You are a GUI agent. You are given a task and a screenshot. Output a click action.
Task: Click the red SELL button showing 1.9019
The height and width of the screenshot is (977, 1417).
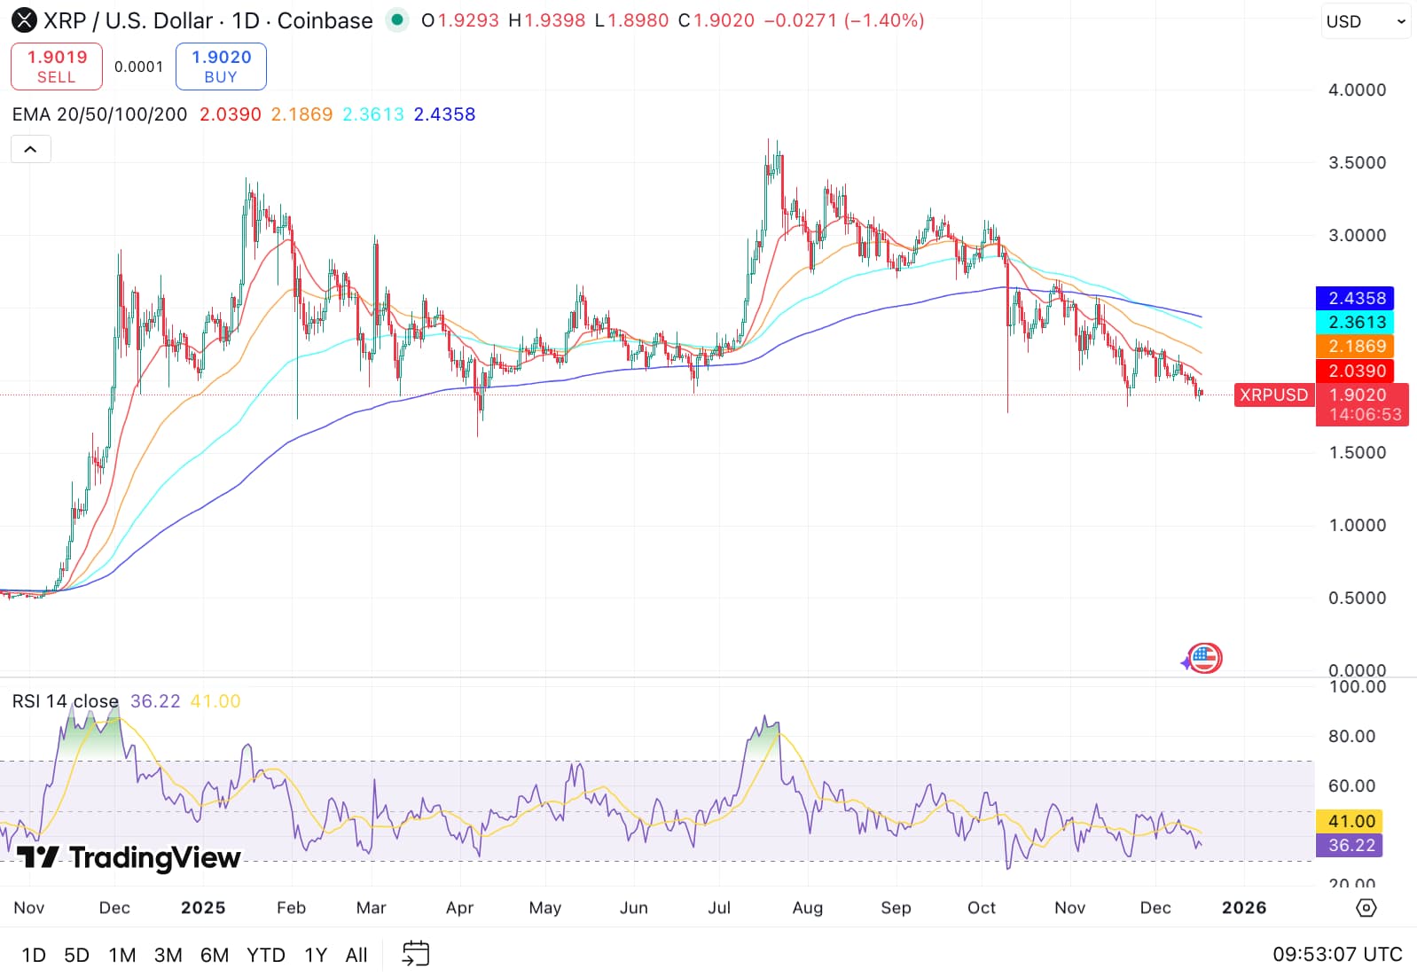pos(57,66)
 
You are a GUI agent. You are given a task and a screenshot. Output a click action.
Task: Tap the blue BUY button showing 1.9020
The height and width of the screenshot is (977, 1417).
pos(221,66)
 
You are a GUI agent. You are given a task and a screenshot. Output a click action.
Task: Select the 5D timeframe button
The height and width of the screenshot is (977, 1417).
pos(77,955)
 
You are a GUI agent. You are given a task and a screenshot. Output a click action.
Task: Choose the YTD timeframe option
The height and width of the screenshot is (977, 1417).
pos(265,955)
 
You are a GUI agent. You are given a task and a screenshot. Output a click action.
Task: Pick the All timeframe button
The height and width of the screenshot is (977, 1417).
pos(356,955)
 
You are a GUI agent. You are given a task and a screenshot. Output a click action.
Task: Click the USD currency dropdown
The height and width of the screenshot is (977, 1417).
pos(1366,21)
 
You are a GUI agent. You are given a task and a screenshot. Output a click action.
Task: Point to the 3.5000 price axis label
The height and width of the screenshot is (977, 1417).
pos(1357,162)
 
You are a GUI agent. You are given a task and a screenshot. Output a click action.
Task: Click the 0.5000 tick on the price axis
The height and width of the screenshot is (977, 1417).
pos(1357,598)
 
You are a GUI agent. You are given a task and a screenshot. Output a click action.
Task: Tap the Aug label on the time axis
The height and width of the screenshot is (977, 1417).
pos(807,908)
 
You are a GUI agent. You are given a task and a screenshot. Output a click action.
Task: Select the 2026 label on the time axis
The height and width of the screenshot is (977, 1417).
pos(1243,908)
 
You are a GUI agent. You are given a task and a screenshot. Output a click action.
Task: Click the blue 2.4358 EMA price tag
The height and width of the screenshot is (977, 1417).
pos(1356,298)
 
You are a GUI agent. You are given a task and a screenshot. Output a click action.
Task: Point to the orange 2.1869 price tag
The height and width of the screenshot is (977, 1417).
pos(1356,346)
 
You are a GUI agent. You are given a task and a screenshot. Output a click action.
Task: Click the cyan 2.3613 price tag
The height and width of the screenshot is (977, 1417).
pos(1356,322)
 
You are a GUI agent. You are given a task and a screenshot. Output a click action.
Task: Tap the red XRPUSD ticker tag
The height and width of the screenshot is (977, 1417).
pos(1273,395)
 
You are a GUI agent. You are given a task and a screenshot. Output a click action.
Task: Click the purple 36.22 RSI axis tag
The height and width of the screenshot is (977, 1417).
pos(1350,845)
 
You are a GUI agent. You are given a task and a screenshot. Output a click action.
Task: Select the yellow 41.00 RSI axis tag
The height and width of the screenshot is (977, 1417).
pos(1350,821)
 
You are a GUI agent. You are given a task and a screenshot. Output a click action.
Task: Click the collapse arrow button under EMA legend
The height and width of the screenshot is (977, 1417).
pos(30,149)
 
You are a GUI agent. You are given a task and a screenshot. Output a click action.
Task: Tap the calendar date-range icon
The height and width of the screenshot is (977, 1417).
pos(416,954)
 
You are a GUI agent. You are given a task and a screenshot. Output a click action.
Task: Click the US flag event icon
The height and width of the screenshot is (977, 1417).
pos(1204,658)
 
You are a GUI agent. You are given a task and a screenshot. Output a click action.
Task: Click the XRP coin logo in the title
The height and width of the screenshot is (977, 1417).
pos(24,20)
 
